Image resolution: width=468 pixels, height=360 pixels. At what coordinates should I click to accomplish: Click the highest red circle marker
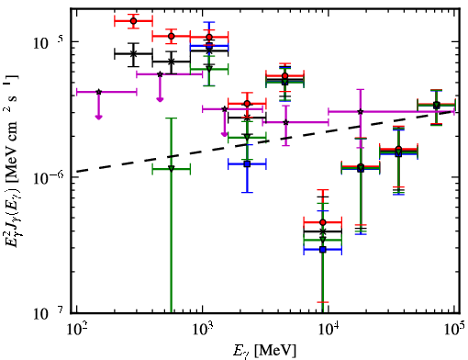pyautogui.click(x=133, y=21)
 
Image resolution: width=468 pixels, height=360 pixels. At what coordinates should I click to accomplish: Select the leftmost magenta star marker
pyautogui.click(x=98, y=92)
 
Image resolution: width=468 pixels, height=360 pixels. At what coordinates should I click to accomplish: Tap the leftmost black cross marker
pyautogui.click(x=133, y=53)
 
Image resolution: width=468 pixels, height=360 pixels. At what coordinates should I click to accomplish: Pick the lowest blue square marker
pyautogui.click(x=322, y=250)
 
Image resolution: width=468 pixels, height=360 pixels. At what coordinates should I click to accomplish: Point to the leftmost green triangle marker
pyautogui.click(x=172, y=168)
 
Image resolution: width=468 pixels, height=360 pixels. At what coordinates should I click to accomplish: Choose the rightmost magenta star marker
pyautogui.click(x=361, y=111)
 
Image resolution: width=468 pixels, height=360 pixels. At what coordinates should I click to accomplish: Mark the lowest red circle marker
pyautogui.click(x=322, y=222)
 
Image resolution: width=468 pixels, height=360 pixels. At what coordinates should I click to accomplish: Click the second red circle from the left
pyautogui.click(x=172, y=36)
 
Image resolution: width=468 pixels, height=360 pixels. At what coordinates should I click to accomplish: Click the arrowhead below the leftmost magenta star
pyautogui.click(x=98, y=117)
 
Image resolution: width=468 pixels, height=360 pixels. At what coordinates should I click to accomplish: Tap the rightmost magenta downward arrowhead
pyautogui.click(x=225, y=134)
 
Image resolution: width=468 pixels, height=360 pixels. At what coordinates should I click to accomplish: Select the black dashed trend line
pyautogui.click(x=265, y=141)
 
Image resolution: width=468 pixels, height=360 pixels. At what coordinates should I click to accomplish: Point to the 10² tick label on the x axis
pyautogui.click(x=76, y=329)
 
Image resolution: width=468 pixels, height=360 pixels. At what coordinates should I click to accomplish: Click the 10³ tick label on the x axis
pyautogui.click(x=202, y=329)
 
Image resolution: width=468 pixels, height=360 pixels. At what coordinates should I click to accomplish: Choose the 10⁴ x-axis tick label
pyautogui.click(x=328, y=329)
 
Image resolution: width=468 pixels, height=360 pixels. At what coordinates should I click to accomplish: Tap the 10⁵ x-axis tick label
pyautogui.click(x=454, y=329)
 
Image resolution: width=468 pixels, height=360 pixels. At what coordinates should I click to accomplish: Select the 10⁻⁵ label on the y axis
pyautogui.click(x=47, y=43)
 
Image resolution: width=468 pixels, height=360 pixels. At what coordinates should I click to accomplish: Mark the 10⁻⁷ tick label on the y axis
pyautogui.click(x=47, y=313)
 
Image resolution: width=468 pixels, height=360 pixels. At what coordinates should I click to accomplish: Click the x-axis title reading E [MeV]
pyautogui.click(x=264, y=351)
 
